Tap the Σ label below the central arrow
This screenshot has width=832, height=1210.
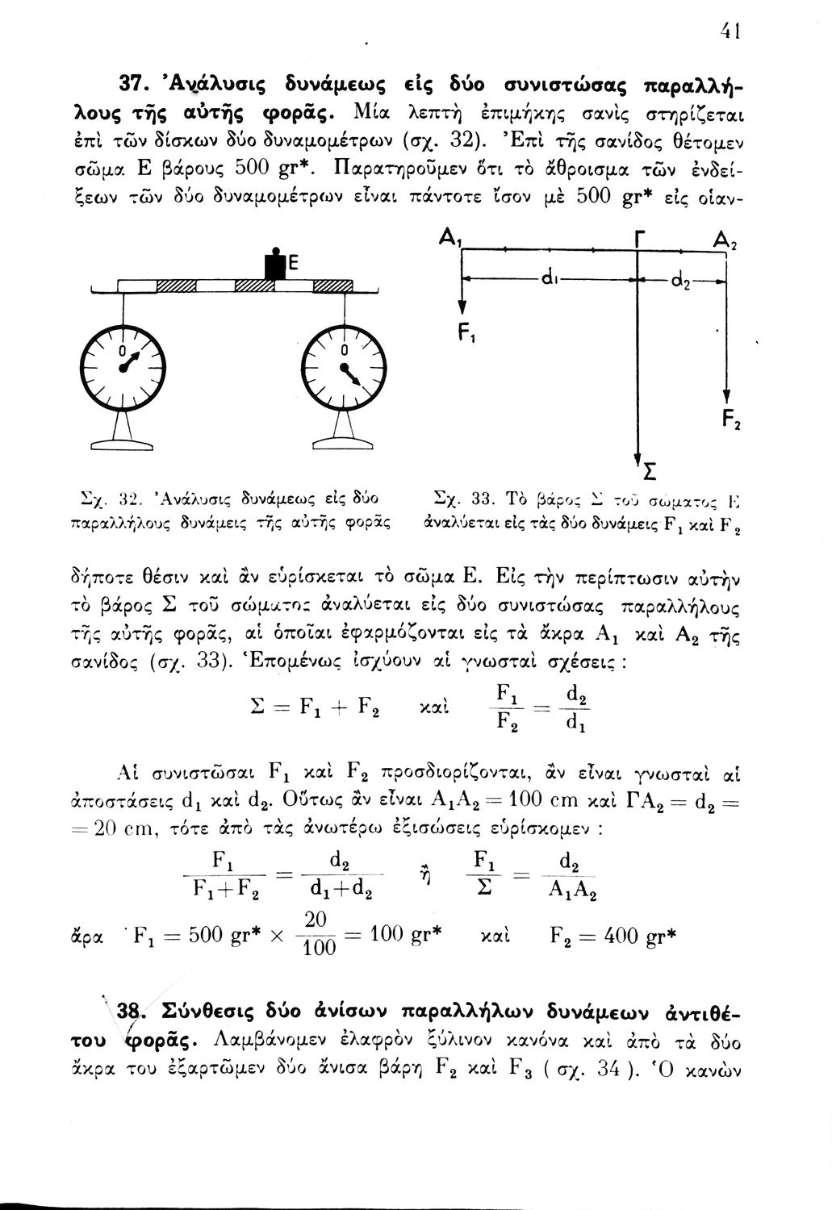pos(647,472)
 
